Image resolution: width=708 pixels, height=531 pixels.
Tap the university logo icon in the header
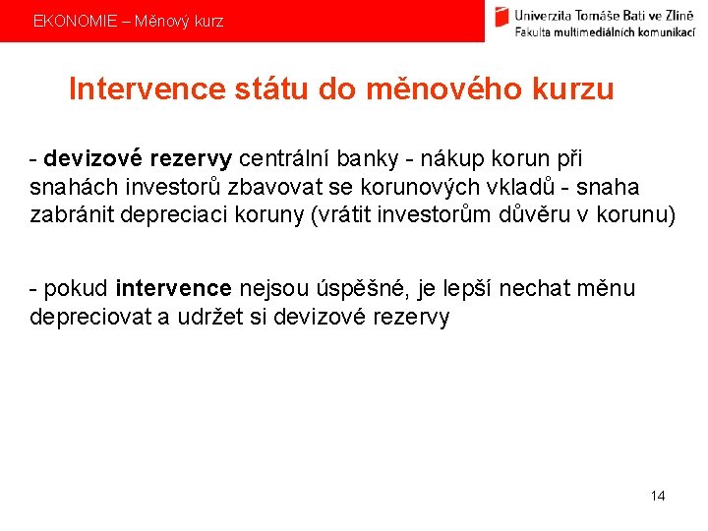click(x=502, y=20)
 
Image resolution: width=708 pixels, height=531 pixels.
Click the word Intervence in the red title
click(x=147, y=89)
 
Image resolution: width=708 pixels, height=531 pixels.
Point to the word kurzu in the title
click(x=573, y=89)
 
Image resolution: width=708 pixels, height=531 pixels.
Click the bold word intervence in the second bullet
click(x=173, y=288)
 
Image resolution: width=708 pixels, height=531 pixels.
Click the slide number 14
click(x=658, y=496)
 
